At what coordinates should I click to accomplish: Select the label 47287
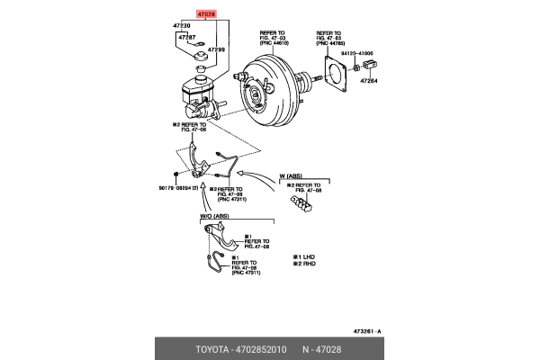pos(187,38)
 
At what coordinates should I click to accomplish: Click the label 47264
pos(371,81)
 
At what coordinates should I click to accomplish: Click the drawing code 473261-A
pos(367,332)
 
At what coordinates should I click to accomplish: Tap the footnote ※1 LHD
pos(305,256)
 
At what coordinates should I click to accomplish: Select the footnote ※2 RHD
pos(305,264)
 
